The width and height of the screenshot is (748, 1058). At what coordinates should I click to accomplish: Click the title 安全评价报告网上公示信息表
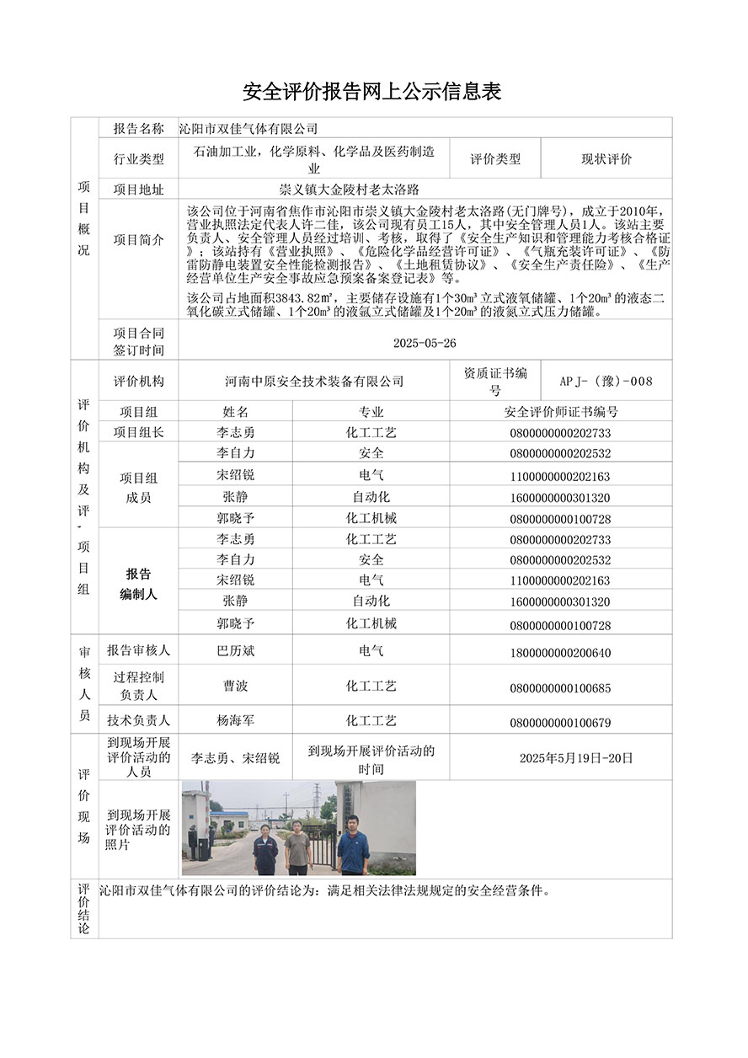(372, 92)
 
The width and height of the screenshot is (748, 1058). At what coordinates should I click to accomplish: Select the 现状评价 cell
(606, 158)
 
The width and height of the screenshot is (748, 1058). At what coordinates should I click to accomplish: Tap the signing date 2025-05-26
(425, 344)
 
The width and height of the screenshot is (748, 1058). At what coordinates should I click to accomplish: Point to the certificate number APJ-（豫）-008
(606, 381)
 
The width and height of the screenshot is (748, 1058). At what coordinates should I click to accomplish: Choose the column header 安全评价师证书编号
(560, 412)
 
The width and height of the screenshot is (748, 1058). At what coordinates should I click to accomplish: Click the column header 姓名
(236, 412)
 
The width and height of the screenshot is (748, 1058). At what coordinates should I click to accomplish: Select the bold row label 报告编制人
(138, 584)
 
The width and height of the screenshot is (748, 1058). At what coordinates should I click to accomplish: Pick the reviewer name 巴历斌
(236, 651)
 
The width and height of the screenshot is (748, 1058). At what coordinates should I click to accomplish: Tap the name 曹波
(236, 687)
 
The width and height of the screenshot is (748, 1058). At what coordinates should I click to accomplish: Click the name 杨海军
(236, 721)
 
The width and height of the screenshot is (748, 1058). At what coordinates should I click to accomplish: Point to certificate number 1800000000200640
(560, 653)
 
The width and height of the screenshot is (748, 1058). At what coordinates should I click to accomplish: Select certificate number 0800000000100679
(560, 723)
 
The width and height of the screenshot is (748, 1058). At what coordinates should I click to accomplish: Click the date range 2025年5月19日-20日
(576, 758)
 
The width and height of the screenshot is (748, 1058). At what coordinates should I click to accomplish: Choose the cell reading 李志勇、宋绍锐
(236, 758)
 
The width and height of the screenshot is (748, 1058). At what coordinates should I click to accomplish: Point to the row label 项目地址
(138, 190)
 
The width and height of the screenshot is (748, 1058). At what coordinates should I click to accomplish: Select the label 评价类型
(495, 158)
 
